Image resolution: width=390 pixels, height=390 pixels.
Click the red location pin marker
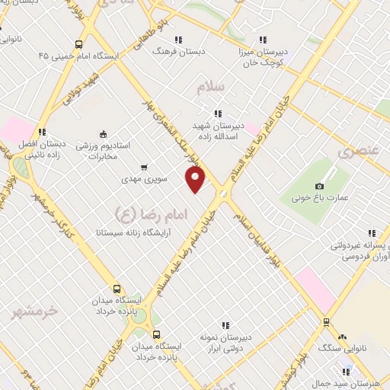[x=197, y=180]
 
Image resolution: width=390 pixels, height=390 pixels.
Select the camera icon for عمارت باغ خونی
[x=320, y=186]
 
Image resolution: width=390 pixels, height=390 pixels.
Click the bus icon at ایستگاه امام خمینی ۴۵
[x=79, y=44]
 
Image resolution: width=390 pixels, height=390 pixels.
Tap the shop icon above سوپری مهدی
[x=144, y=167]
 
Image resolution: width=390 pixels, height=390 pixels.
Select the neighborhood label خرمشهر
[x=37, y=311]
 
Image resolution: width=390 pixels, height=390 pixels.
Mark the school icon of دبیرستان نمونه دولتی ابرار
[x=224, y=324]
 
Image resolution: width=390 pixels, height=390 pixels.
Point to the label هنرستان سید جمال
[x=358, y=382]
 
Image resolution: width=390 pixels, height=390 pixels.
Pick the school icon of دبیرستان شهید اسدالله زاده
[x=219, y=113]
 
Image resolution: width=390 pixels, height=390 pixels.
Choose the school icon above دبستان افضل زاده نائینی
[x=42, y=131]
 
